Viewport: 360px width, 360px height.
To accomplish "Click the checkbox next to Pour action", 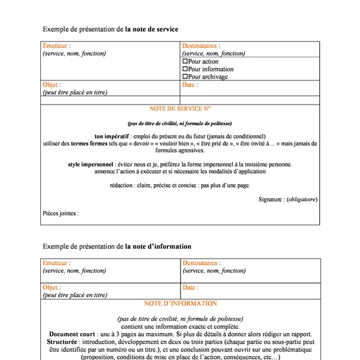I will pos(185,62).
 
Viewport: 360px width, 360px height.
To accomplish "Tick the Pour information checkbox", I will pos(185,70).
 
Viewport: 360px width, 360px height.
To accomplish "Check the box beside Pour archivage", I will pos(185,77).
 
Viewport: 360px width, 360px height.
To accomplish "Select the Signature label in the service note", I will pos(271,199).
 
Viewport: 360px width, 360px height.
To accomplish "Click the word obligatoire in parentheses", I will pos(302,199).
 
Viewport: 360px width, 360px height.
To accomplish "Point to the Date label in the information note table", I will pos(190,287).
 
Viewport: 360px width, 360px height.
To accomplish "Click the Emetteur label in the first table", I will pos(56,46).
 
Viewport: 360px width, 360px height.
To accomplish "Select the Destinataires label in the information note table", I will pos(200,263).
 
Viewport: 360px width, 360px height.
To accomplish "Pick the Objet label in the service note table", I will pos(52,85).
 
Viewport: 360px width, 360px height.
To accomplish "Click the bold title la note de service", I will pos(152,29).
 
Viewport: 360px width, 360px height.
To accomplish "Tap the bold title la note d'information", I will pos(158,246).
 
